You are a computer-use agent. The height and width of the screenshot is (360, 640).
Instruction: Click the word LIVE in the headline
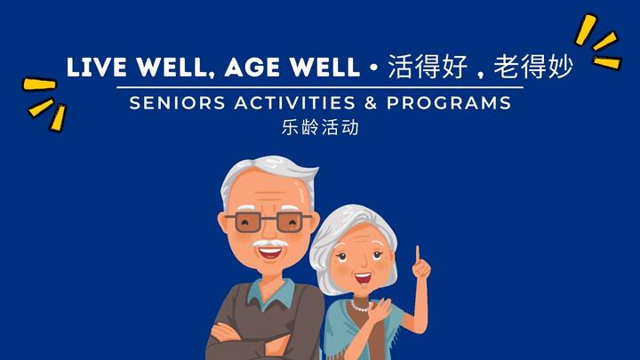[94, 67]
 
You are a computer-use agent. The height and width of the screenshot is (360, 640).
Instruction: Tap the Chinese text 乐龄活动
[320, 127]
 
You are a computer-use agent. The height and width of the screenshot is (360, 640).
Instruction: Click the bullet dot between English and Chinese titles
[375, 68]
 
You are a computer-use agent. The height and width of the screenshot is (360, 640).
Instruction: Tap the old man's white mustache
[268, 243]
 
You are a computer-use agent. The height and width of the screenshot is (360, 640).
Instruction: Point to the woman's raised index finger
[417, 255]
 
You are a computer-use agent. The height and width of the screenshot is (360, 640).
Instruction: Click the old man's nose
[268, 231]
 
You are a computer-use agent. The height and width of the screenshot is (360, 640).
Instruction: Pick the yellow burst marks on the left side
[44, 100]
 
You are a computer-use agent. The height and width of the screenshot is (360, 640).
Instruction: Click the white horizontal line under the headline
[320, 87]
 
